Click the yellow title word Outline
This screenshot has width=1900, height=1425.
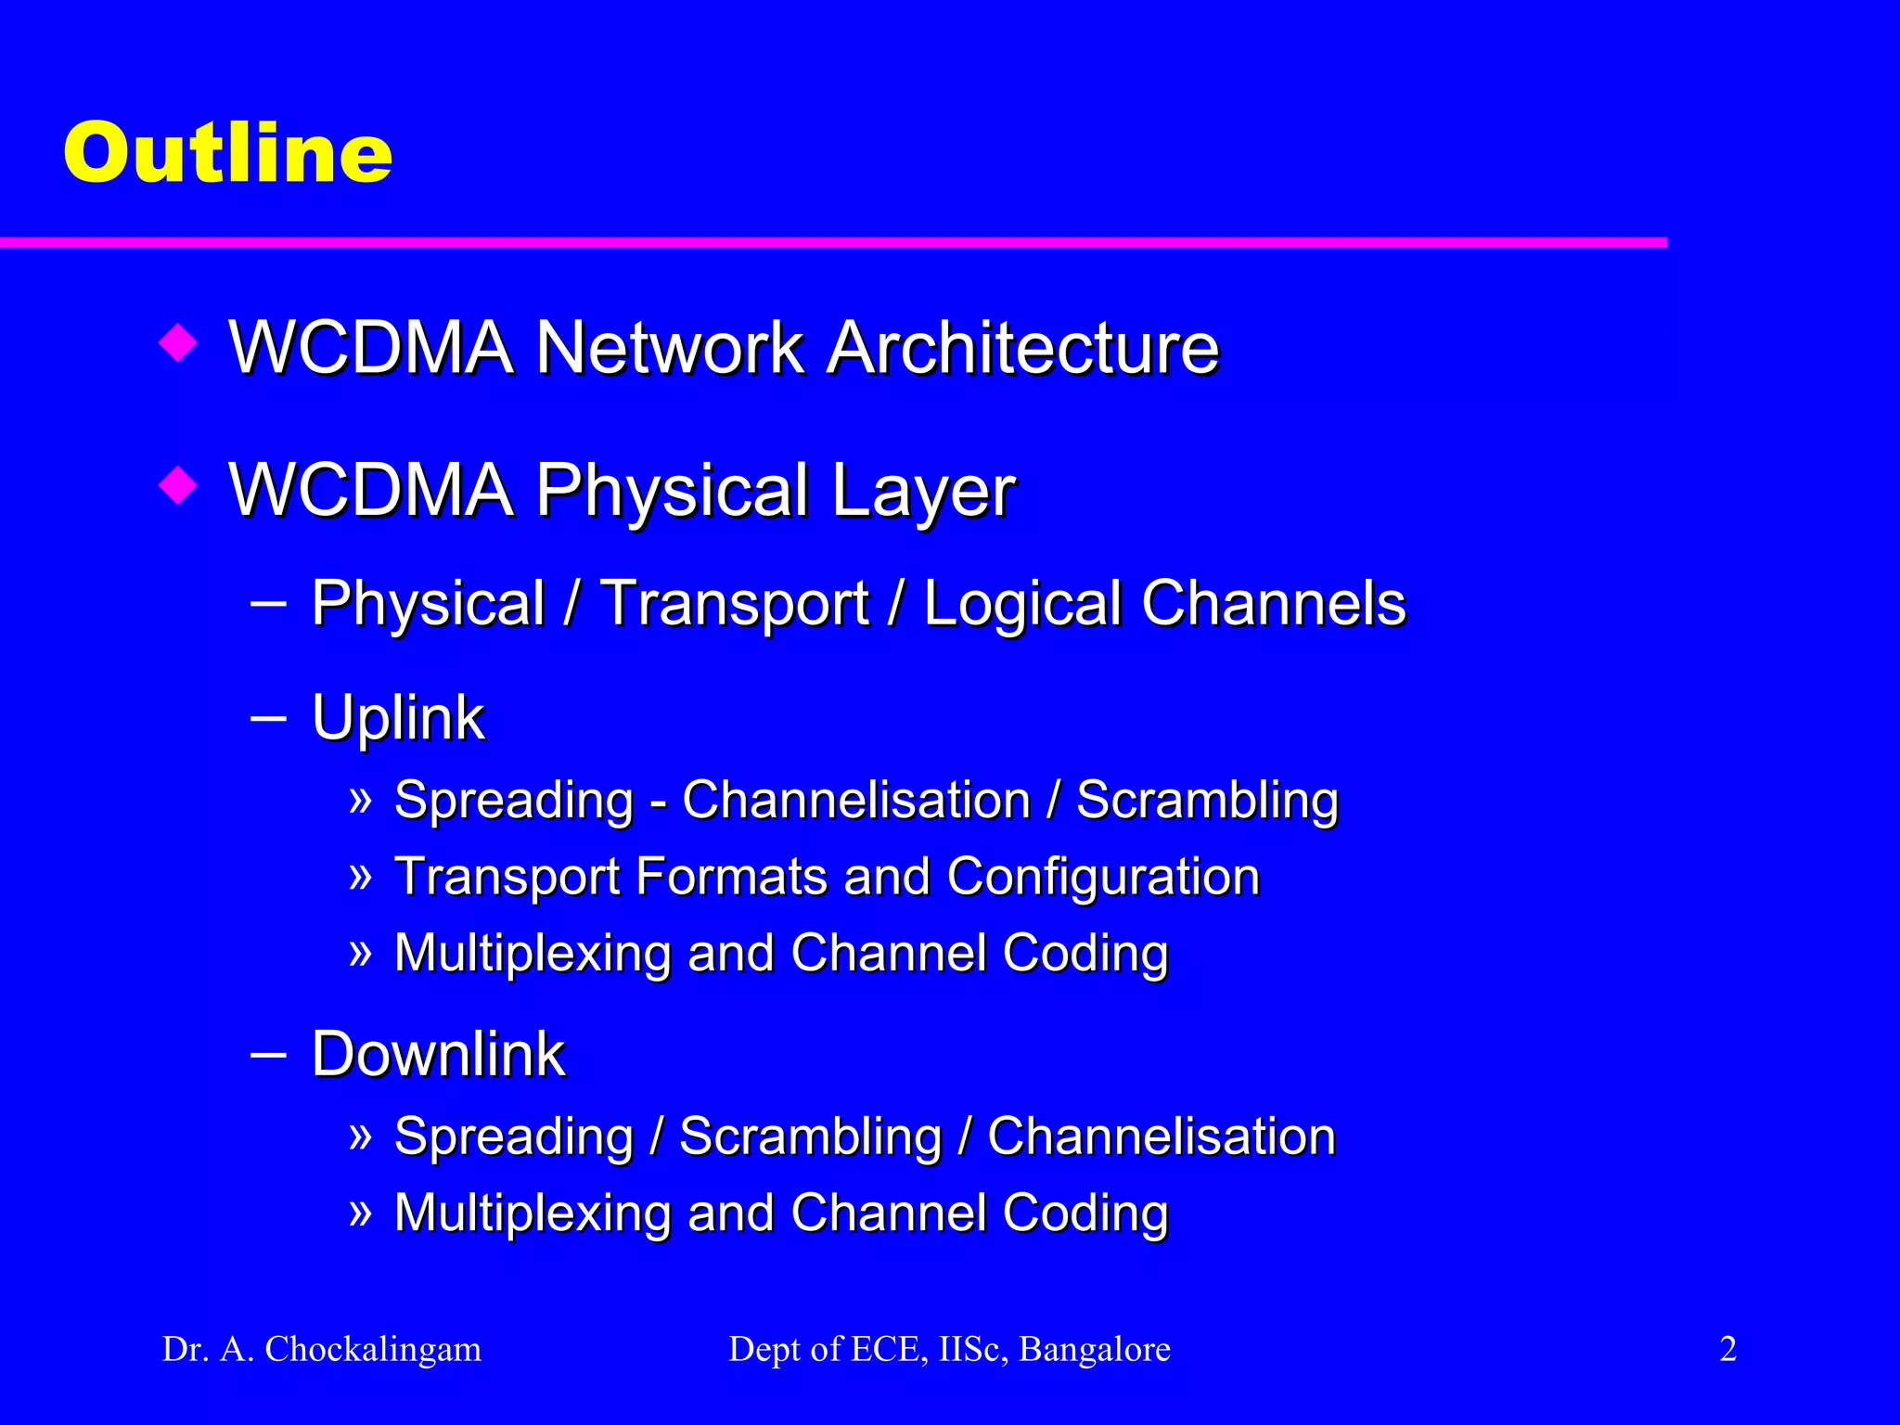[228, 152]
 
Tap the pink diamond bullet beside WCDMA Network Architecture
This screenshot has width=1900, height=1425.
[178, 342]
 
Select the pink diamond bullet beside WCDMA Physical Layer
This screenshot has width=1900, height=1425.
[178, 484]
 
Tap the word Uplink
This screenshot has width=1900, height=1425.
[398, 718]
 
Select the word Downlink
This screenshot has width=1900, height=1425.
[438, 1055]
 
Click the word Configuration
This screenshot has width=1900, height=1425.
[1103, 877]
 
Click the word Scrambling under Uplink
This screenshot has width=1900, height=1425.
[1207, 801]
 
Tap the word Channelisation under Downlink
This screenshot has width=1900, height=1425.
[1161, 1136]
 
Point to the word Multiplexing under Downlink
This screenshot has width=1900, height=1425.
[532, 1213]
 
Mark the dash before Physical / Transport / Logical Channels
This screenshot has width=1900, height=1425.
[268, 604]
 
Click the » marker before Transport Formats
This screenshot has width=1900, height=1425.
[360, 875]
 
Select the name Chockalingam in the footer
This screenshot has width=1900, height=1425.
[373, 1350]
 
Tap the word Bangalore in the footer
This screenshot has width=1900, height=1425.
[1095, 1350]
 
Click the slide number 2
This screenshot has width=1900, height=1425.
[1727, 1349]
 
